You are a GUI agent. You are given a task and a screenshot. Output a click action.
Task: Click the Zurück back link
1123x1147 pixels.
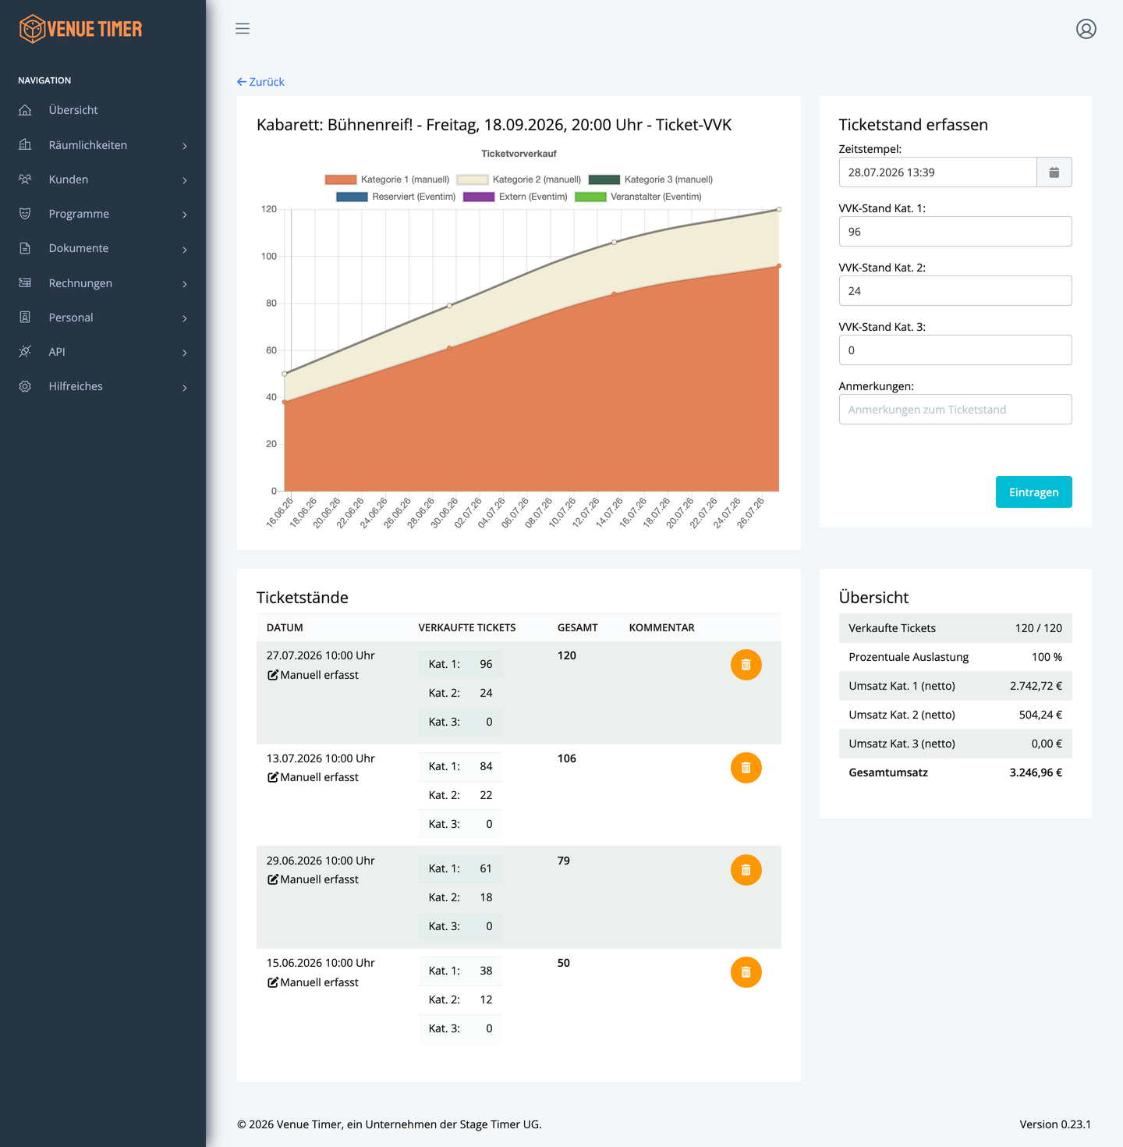click(260, 82)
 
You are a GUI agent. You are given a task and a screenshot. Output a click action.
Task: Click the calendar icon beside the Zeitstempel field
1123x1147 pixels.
click(1054, 172)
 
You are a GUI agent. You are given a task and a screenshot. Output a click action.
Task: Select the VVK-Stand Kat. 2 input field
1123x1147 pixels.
click(955, 290)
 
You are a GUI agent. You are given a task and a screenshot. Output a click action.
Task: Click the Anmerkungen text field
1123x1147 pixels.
click(955, 409)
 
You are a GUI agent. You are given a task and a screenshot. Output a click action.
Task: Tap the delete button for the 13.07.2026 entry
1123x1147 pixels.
click(746, 767)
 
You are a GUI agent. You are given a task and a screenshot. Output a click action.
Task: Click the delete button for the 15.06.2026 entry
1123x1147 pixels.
click(746, 972)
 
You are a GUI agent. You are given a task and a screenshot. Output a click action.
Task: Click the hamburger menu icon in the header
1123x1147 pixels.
click(243, 29)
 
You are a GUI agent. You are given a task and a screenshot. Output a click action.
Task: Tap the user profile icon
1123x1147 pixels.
click(1086, 29)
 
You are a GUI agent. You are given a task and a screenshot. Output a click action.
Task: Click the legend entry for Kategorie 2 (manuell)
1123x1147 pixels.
click(519, 179)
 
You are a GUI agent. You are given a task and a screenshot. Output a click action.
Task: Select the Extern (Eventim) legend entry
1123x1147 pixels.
click(515, 197)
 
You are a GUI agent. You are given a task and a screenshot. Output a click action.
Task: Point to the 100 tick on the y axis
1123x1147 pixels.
click(268, 256)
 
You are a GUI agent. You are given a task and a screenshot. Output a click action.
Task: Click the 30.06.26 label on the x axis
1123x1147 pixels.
click(445, 512)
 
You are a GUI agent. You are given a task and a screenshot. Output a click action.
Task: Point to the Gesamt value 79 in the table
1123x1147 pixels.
click(564, 860)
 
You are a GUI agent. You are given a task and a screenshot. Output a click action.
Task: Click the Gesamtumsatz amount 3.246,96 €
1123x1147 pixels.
click(1035, 772)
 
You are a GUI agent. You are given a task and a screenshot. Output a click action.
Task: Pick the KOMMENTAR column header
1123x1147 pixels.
click(661, 627)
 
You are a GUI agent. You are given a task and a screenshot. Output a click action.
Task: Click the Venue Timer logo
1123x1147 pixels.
click(80, 29)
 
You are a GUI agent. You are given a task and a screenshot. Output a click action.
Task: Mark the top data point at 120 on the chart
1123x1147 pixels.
click(778, 210)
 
